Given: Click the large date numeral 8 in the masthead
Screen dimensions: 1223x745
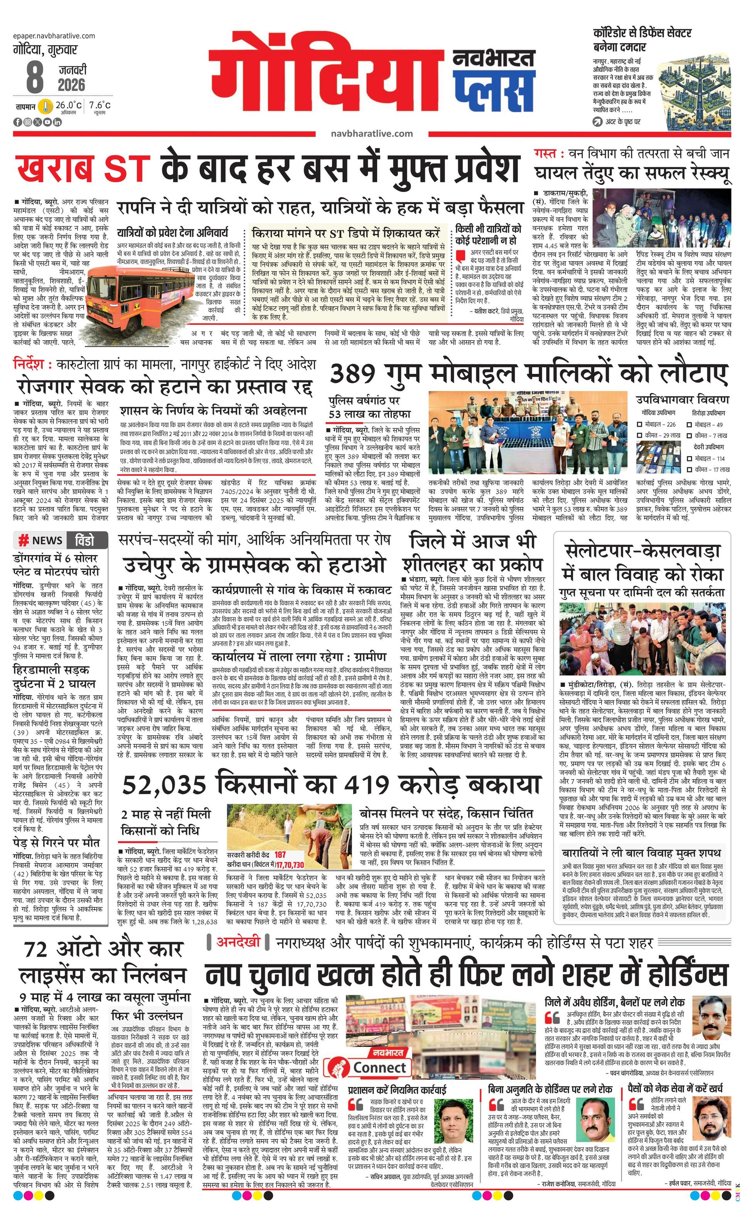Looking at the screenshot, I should click(x=34, y=77).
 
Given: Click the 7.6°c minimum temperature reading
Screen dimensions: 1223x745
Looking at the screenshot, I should click(x=100, y=105).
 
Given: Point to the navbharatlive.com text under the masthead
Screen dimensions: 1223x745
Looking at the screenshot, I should click(x=371, y=133).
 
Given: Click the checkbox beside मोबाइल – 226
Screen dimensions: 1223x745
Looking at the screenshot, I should click(x=640, y=425).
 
